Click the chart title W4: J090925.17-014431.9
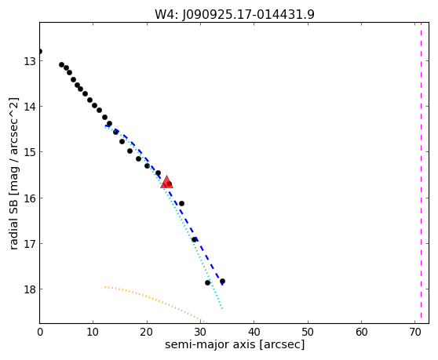(x=235, y=14)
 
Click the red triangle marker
(x=166, y=182)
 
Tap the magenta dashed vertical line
(x=421, y=173)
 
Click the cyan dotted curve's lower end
(x=222, y=309)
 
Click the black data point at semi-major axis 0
(x=40, y=51)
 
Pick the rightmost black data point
(x=222, y=281)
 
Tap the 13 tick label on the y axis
(x=30, y=61)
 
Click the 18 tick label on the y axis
(x=30, y=289)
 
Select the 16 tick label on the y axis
(x=30, y=198)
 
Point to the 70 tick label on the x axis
(x=414, y=332)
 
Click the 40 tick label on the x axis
(x=254, y=332)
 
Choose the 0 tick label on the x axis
(x=40, y=332)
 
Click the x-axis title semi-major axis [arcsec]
(x=235, y=344)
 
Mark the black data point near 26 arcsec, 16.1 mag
(x=181, y=203)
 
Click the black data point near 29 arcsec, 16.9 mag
(x=194, y=239)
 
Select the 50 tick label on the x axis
(x=308, y=332)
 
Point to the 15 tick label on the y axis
(x=30, y=152)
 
